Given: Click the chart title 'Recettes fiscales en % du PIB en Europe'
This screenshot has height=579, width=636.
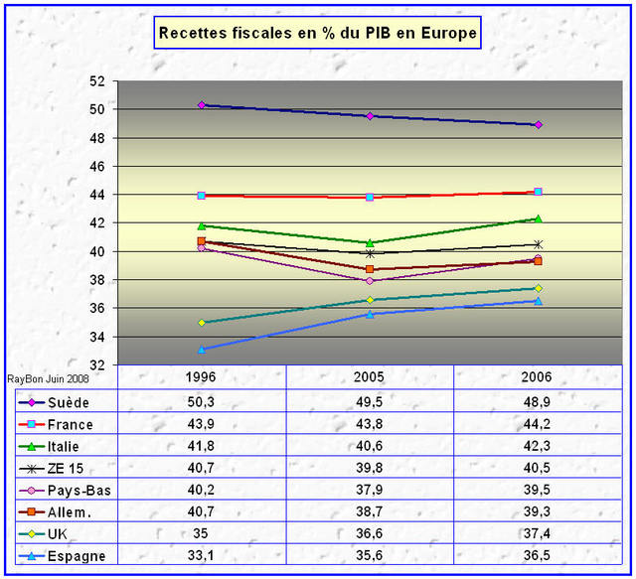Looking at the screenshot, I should tap(318, 34).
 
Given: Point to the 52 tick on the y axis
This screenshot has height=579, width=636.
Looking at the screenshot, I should tap(97, 81).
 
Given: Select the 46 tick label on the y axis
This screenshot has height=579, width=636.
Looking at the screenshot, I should tap(97, 167).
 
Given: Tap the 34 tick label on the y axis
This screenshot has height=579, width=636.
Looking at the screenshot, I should tap(97, 338).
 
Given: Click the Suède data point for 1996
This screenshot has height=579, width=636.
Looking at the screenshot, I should tap(202, 105).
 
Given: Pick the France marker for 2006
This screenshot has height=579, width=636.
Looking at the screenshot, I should tap(538, 192).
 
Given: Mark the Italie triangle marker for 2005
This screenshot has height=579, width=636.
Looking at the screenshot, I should tap(370, 242).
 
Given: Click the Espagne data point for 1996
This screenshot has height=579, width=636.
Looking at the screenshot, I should tap(202, 350).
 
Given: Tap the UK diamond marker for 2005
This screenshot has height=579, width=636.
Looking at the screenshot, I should tap(370, 300).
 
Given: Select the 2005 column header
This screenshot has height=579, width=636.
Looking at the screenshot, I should tap(370, 378).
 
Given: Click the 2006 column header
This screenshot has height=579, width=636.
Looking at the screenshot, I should tap(538, 378).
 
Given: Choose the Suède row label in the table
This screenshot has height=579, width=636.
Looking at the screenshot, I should tap(69, 402).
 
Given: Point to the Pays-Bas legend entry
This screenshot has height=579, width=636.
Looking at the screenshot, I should tap(76, 490).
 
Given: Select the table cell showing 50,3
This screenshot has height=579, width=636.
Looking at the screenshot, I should tap(202, 402).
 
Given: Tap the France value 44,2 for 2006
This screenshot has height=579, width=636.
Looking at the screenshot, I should tap(538, 424).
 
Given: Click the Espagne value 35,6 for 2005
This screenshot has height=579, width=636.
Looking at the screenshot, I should tap(370, 555).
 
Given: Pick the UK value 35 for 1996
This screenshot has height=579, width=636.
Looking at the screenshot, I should tap(202, 533).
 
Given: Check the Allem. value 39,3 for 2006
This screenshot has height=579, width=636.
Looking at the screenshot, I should tap(538, 511).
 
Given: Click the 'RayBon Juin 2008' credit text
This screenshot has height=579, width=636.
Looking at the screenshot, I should tap(48, 378).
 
